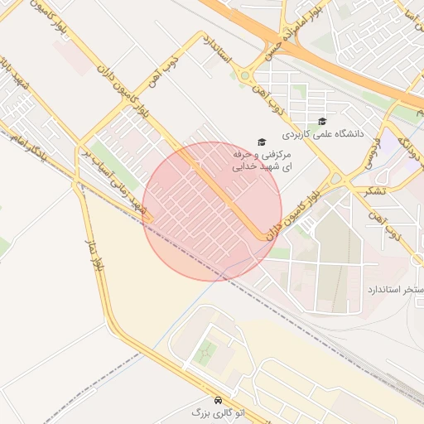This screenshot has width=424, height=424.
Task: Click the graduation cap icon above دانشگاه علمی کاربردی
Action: point(321,122)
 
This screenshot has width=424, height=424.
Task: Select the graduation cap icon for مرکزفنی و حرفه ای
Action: point(262,142)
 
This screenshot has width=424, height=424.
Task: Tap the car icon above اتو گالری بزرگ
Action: point(218,399)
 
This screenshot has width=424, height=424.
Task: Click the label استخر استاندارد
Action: point(394,291)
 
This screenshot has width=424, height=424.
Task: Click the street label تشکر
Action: point(369,190)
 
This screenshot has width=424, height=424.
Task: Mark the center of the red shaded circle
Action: point(213,211)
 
